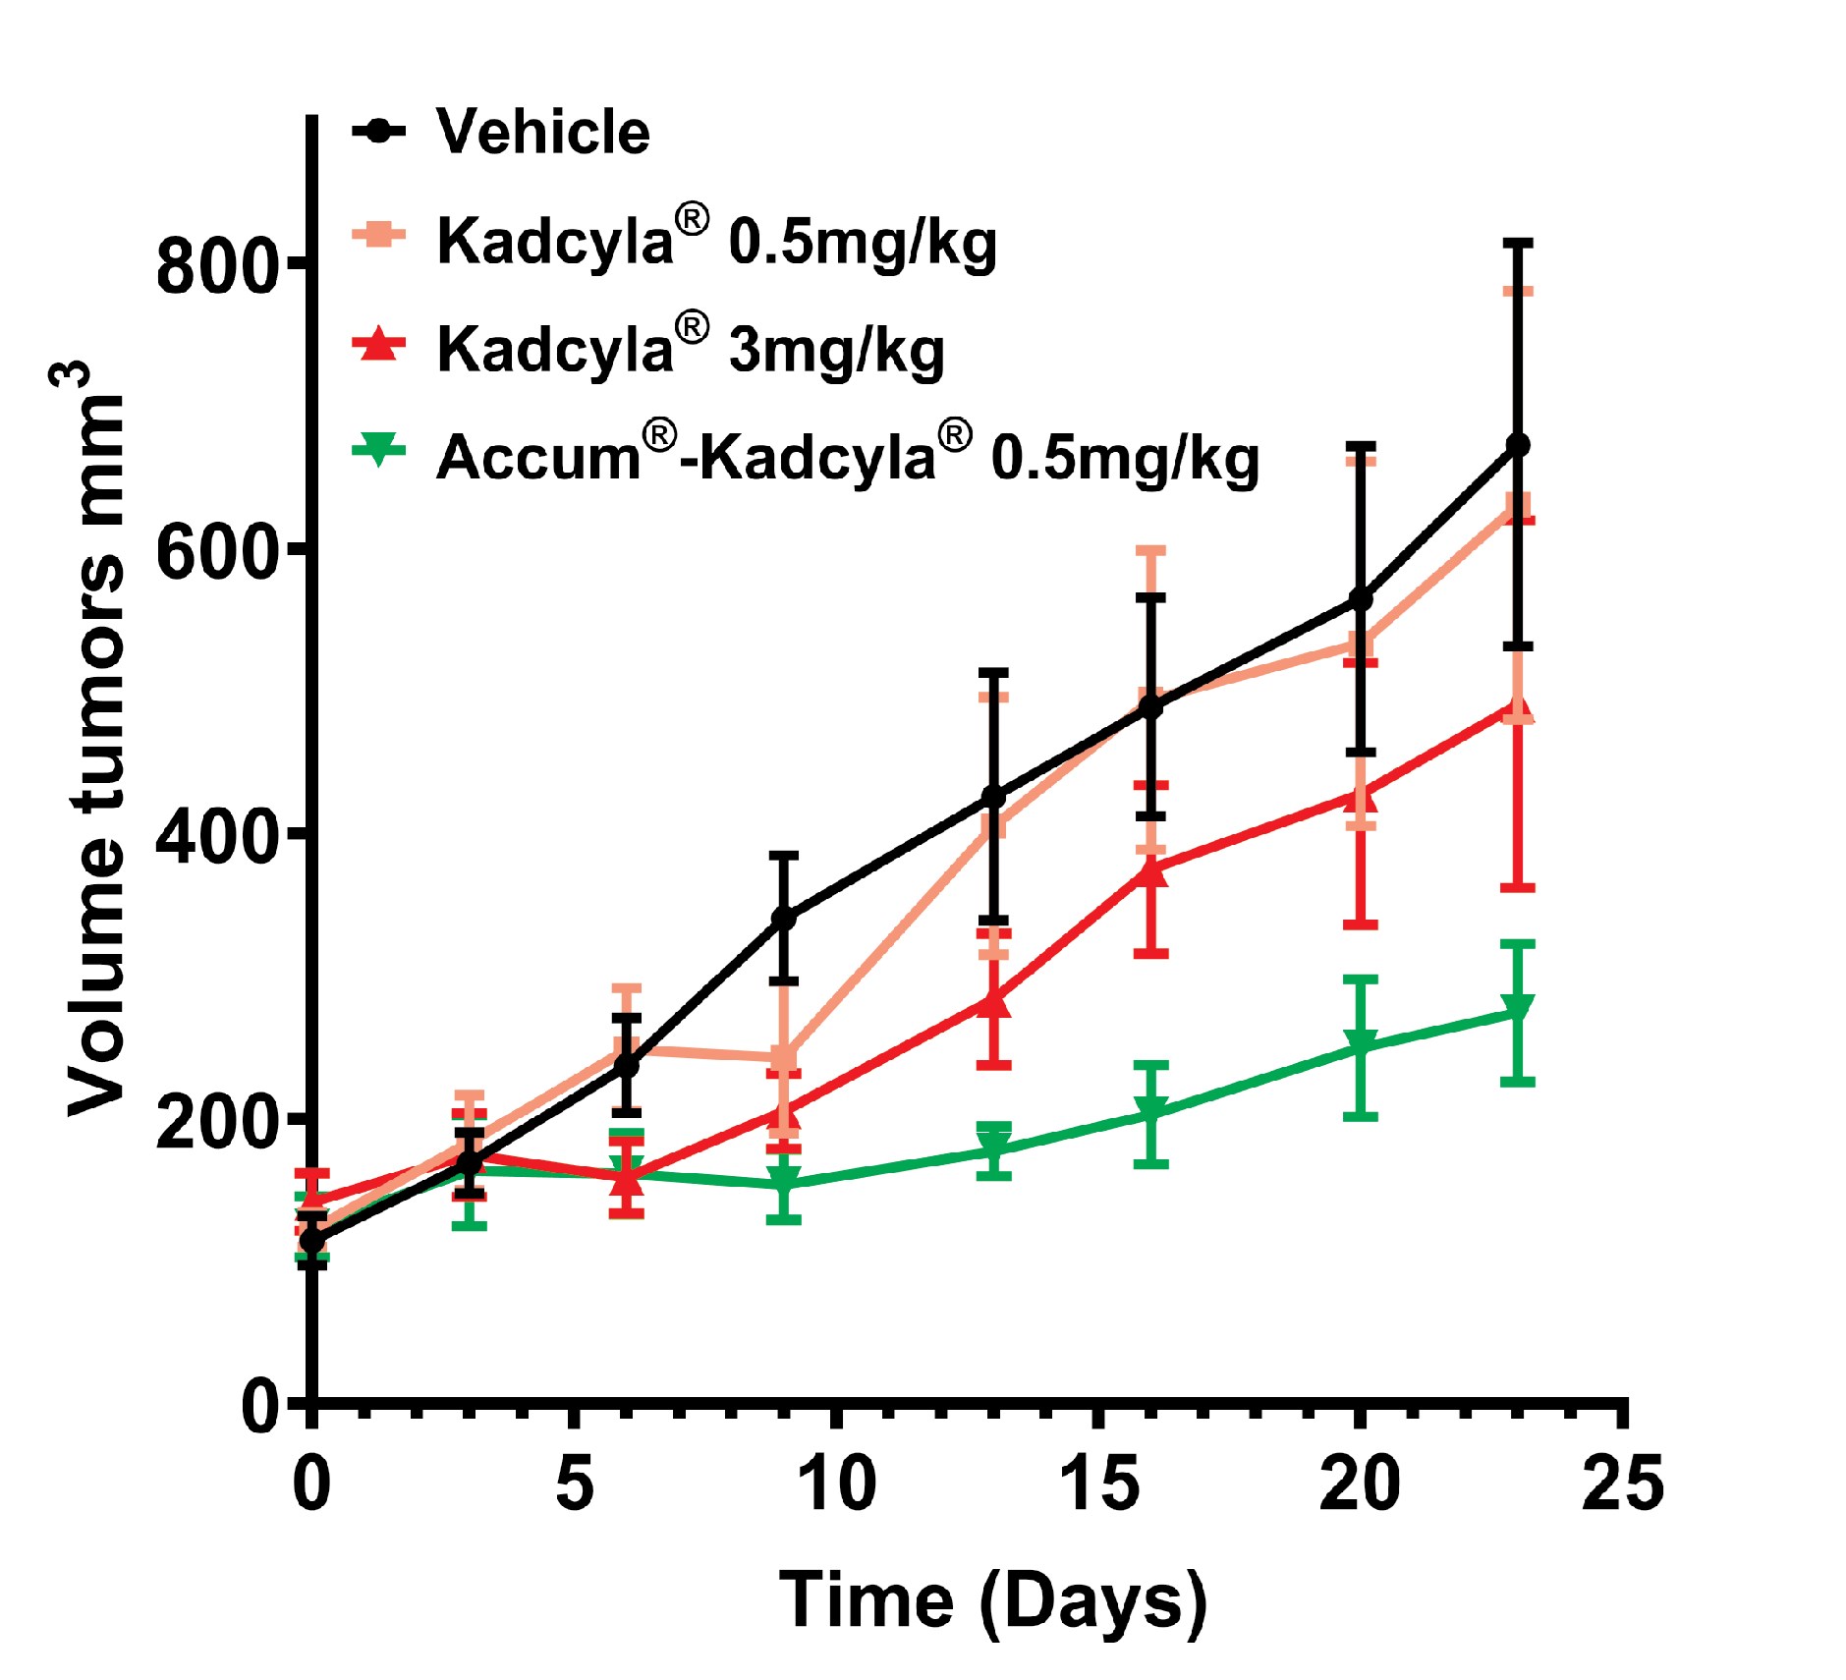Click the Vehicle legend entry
pos(542,132)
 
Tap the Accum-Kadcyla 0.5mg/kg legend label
pos(847,457)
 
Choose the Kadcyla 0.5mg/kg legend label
pos(716,241)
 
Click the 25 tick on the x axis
pos(1623,1484)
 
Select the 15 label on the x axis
pos(1099,1484)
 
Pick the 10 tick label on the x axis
pos(836,1484)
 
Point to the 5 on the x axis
pos(575,1484)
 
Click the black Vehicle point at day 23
pos(1518,445)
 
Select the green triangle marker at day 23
pos(1518,1009)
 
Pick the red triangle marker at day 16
pos(1151,870)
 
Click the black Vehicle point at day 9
pos(783,919)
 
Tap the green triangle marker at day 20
pos(1361,1044)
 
